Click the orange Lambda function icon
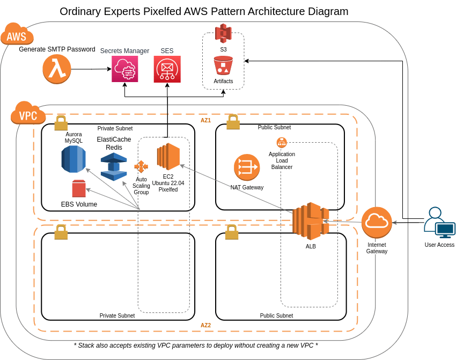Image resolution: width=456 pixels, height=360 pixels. click(57, 69)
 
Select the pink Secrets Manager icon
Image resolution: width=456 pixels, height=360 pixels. click(124, 69)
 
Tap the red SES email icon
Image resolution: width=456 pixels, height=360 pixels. click(167, 69)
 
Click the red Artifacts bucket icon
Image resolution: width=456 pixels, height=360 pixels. click(223, 65)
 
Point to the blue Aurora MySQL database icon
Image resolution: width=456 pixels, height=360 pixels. click(73, 159)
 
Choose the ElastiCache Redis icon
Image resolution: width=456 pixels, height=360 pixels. click(114, 166)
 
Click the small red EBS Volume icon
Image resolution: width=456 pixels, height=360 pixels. click(79, 189)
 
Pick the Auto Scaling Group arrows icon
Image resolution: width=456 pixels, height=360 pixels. click(141, 167)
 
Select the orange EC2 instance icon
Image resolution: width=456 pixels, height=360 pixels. click(168, 157)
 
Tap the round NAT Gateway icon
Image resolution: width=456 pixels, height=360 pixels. click(247, 167)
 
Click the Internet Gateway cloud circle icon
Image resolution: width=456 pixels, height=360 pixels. click(377, 223)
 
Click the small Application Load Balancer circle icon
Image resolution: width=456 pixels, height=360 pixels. click(282, 143)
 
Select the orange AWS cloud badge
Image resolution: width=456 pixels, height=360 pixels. click(17, 34)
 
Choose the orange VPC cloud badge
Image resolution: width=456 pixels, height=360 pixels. click(28, 113)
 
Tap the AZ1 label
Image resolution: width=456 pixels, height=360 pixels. click(206, 121)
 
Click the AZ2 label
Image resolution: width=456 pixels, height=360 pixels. click(206, 326)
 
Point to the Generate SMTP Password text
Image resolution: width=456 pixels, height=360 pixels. click(57, 49)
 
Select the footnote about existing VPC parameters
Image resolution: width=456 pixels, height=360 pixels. click(196, 346)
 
